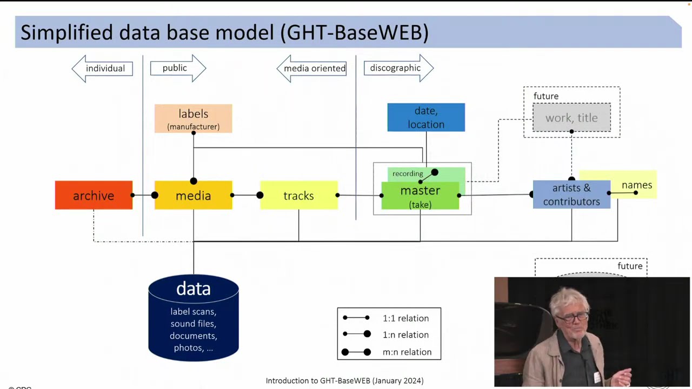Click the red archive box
coord(94,195)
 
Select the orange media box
coord(193,196)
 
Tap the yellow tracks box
coord(298,196)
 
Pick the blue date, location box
coord(426,117)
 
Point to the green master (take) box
coord(420,197)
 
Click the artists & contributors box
coord(571,195)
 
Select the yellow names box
coord(637,185)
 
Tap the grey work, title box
coord(571,118)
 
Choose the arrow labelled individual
coord(103,68)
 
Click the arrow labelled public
coord(178,68)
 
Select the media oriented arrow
coord(312,69)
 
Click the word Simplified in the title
coord(67,32)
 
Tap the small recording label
coord(408,173)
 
